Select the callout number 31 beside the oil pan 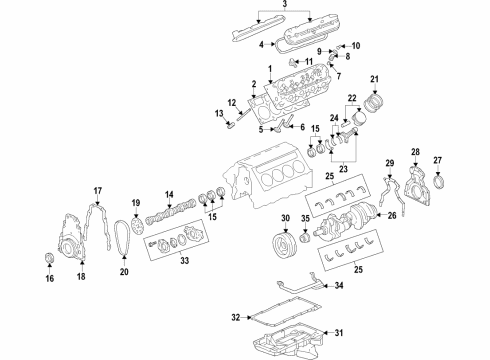pos(337,334)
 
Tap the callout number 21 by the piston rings pos(375,80)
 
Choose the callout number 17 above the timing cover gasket pos(98,191)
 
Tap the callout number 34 pos(339,286)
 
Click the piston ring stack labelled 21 pos(377,102)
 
